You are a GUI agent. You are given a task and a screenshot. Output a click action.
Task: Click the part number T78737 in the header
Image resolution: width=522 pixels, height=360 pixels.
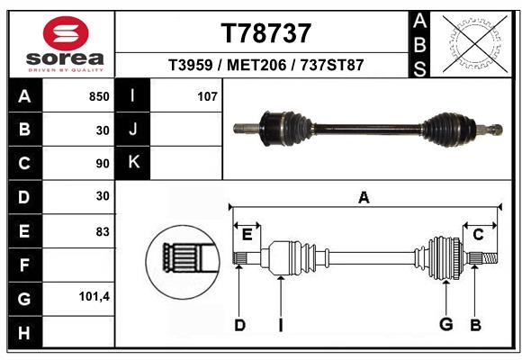click(265, 33)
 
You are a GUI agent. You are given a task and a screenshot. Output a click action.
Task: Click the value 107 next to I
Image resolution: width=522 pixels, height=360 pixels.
click(207, 95)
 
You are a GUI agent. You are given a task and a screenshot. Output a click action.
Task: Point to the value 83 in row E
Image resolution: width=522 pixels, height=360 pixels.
click(103, 231)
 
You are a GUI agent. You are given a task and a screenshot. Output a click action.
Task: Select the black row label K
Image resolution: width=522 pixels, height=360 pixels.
click(133, 162)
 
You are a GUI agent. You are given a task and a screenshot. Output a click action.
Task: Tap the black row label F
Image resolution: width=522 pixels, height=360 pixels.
click(24, 265)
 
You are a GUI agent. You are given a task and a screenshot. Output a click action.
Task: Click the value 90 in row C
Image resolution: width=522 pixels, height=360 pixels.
click(102, 163)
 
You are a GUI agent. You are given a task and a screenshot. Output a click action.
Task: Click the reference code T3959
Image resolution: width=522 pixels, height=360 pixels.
click(192, 66)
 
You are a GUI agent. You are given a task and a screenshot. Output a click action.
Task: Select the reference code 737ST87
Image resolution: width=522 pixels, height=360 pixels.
click(333, 66)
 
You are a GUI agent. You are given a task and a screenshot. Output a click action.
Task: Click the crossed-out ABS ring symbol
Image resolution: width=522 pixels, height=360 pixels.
click(473, 42)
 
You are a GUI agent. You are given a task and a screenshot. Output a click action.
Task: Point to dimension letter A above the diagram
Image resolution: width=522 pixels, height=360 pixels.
click(364, 197)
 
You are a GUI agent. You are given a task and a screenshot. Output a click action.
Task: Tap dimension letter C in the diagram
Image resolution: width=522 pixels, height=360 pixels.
click(478, 234)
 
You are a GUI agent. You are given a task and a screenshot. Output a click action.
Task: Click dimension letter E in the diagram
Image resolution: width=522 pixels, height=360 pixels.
click(247, 235)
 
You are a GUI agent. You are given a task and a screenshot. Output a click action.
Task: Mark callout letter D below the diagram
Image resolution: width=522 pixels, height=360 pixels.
click(239, 325)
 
